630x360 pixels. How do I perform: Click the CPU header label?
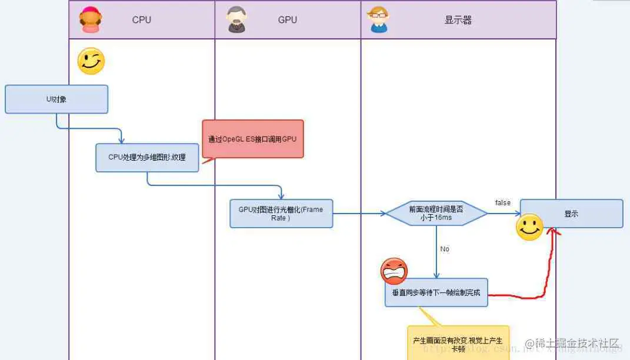click(141, 20)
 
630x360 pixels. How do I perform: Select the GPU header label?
click(287, 20)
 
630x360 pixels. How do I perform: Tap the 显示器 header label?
click(458, 20)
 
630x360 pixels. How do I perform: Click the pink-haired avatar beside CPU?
click(90, 20)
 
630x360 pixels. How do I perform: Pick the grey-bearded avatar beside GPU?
click(236, 20)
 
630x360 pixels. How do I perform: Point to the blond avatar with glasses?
click(378, 20)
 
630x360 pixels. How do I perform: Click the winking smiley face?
click(91, 61)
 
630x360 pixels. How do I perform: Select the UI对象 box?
click(56, 99)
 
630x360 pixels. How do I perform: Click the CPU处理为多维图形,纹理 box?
click(147, 158)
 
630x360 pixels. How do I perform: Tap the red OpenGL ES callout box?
click(253, 139)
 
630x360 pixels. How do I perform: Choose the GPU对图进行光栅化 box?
click(281, 214)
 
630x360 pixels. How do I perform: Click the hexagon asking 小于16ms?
click(436, 213)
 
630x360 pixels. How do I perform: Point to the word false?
click(502, 203)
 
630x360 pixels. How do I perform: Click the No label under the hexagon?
click(445, 249)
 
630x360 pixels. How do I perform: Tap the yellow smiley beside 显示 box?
click(529, 227)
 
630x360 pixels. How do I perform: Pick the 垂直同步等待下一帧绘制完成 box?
click(436, 292)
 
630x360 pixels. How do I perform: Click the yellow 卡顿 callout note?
click(458, 342)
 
